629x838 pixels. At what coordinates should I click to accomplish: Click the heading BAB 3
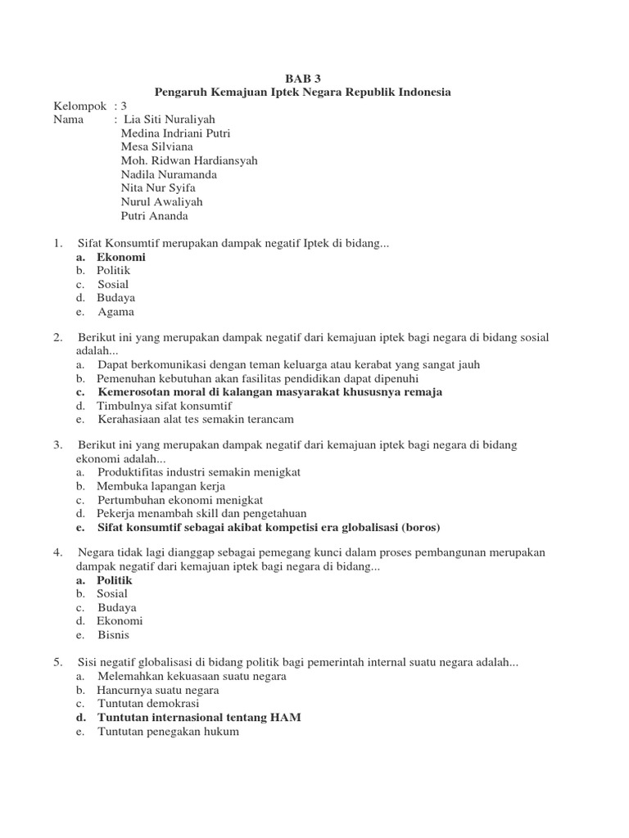303,79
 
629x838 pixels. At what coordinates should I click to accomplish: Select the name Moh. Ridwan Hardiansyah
188,160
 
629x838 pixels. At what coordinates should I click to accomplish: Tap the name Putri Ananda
154,216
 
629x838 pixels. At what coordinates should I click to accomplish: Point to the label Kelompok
80,106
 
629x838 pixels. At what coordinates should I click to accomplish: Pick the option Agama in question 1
115,312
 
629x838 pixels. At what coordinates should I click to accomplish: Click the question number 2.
58,337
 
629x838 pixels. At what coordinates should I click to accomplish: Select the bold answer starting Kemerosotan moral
269,392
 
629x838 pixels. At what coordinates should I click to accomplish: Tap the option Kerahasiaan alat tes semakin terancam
195,419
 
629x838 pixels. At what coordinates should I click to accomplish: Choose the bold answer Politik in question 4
114,580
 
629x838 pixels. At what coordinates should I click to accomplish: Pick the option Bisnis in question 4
114,635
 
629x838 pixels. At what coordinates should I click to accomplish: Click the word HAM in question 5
287,718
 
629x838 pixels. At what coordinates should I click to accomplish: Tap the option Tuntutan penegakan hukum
168,732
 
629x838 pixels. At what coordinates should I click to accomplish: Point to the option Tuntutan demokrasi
148,704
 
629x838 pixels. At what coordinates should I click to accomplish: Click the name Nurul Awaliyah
161,202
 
